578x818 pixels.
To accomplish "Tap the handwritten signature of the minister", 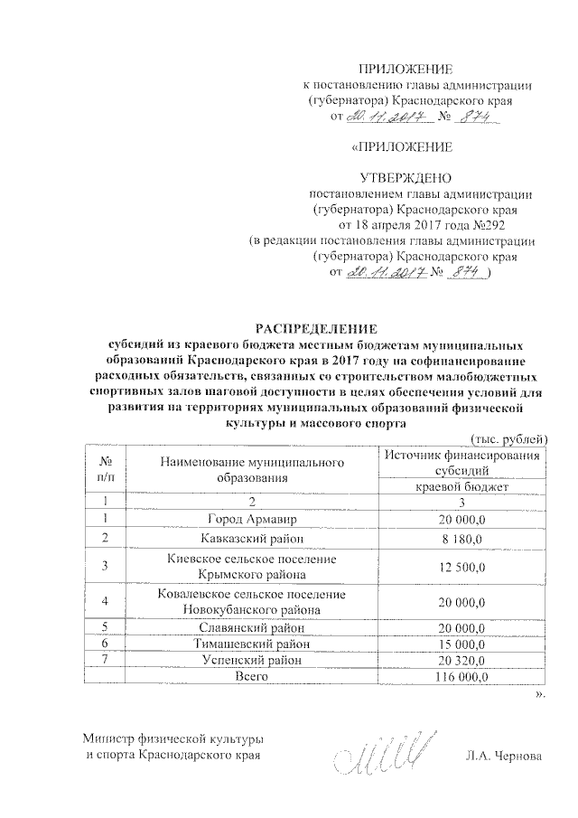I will click(x=376, y=750).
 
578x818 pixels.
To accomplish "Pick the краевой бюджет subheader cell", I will click(x=462, y=486).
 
